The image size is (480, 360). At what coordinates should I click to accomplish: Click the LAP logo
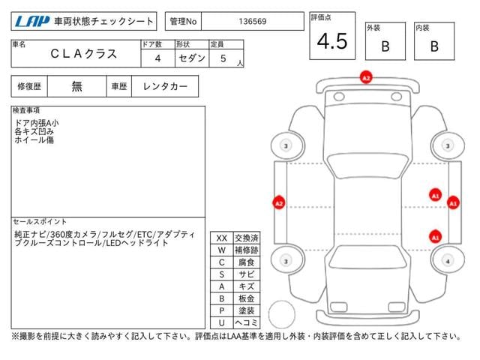point(28,22)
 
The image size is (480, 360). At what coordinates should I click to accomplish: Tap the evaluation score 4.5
point(331,42)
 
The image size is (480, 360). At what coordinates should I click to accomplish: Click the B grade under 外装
point(385,46)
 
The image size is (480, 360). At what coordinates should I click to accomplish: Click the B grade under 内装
point(433,46)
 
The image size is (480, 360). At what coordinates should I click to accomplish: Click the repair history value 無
point(77,86)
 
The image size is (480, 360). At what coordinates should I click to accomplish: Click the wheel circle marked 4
point(448,261)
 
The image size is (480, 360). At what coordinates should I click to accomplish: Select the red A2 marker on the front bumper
point(366,77)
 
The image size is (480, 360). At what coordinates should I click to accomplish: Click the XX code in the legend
point(221,238)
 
